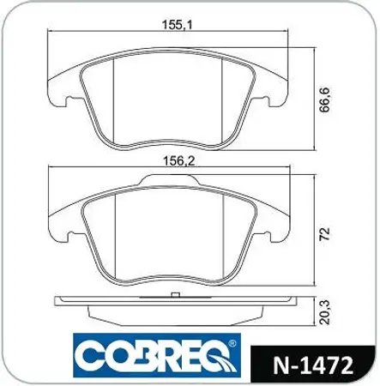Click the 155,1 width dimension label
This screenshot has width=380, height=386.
(178, 25)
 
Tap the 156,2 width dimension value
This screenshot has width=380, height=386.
(178, 161)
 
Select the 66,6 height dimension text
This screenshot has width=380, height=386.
(325, 100)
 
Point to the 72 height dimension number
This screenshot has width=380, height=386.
(325, 233)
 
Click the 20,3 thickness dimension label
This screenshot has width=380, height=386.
(325, 312)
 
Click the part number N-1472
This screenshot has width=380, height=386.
(313, 365)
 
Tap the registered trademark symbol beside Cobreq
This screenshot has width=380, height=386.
(232, 343)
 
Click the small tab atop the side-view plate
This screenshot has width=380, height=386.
(175, 295)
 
